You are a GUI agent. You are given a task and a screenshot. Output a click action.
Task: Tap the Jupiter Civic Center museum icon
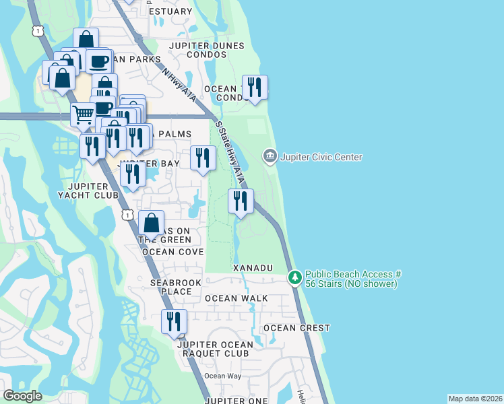pyautogui.click(x=270, y=157)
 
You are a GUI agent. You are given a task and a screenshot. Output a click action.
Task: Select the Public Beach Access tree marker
pyautogui.click(x=294, y=277)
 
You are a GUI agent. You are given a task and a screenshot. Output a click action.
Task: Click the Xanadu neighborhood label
pyautogui.click(x=253, y=268)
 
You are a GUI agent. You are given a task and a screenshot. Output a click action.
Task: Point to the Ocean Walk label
pyautogui.click(x=236, y=298)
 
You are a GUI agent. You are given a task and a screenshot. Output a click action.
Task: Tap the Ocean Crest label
pyautogui.click(x=296, y=328)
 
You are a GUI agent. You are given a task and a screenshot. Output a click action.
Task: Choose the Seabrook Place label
pyautogui.click(x=171, y=287)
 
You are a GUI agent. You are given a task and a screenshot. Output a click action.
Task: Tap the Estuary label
pyautogui.click(x=170, y=11)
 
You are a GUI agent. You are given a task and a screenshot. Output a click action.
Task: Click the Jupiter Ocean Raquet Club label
pyautogui.click(x=215, y=349)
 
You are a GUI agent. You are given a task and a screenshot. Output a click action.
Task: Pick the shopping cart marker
pyautogui.click(x=83, y=114)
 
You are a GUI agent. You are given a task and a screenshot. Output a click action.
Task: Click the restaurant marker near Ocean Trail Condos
pyautogui.click(x=255, y=88)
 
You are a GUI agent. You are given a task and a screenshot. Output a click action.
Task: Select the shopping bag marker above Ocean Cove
pyautogui.click(x=152, y=223)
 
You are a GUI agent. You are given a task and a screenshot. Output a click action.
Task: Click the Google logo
pyautogui.click(x=22, y=396)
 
